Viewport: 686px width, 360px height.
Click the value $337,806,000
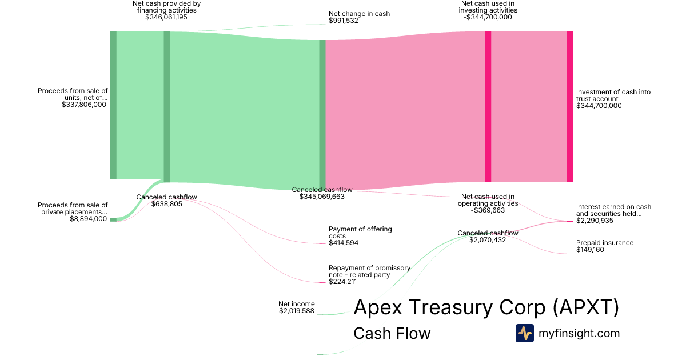point(83,105)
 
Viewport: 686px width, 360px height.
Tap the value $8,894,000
point(88,219)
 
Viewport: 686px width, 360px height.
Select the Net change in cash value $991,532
point(344,21)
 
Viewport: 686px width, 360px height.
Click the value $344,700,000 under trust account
point(599,106)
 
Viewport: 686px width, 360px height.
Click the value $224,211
point(343,282)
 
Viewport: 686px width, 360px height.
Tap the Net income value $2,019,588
point(297,311)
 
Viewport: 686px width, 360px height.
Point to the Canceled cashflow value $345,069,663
point(322,197)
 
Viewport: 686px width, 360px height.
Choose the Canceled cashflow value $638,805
point(166,204)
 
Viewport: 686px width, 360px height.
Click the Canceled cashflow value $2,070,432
point(488,240)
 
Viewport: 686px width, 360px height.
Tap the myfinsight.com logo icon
point(524,333)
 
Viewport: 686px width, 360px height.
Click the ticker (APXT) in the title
point(586,307)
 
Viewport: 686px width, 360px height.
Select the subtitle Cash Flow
point(392,333)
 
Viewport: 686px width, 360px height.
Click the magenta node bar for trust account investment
point(570,106)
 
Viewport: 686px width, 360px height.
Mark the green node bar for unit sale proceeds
point(113,105)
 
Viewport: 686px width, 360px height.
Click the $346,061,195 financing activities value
point(166,17)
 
